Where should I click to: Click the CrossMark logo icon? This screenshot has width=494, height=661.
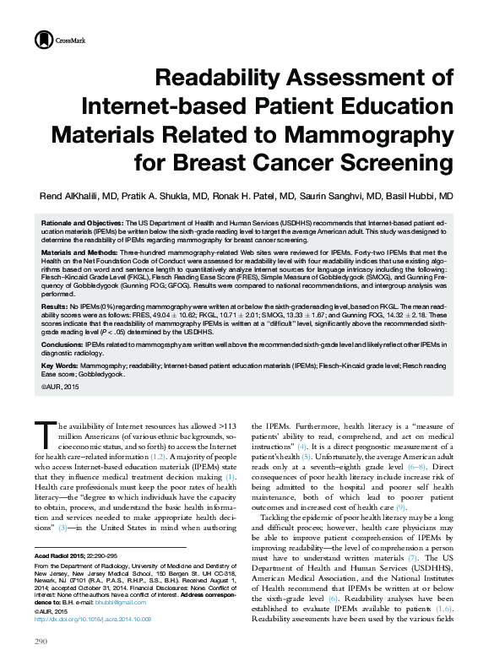pyautogui.click(x=42, y=40)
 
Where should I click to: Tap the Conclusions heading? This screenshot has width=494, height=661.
pyautogui.click(x=61, y=346)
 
